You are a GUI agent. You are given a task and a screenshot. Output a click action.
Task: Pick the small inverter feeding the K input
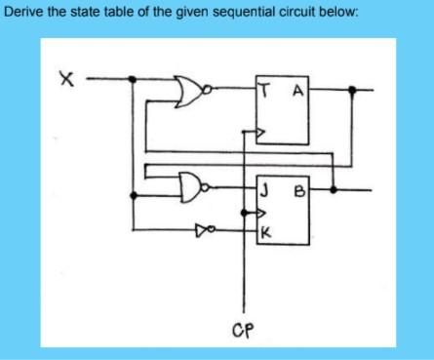click(203, 230)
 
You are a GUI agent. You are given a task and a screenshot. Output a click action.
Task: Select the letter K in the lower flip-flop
click(265, 232)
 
